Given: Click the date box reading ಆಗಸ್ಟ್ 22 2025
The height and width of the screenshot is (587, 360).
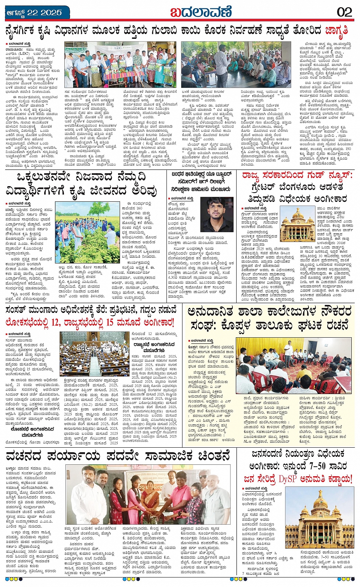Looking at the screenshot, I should tap(34, 13).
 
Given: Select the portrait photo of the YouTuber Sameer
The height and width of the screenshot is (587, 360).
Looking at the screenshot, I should tap(217, 214).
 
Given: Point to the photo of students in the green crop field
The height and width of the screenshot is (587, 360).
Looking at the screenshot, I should tap(88, 232).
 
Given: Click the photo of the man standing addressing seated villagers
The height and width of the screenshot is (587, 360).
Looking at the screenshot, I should tap(235, 65).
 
